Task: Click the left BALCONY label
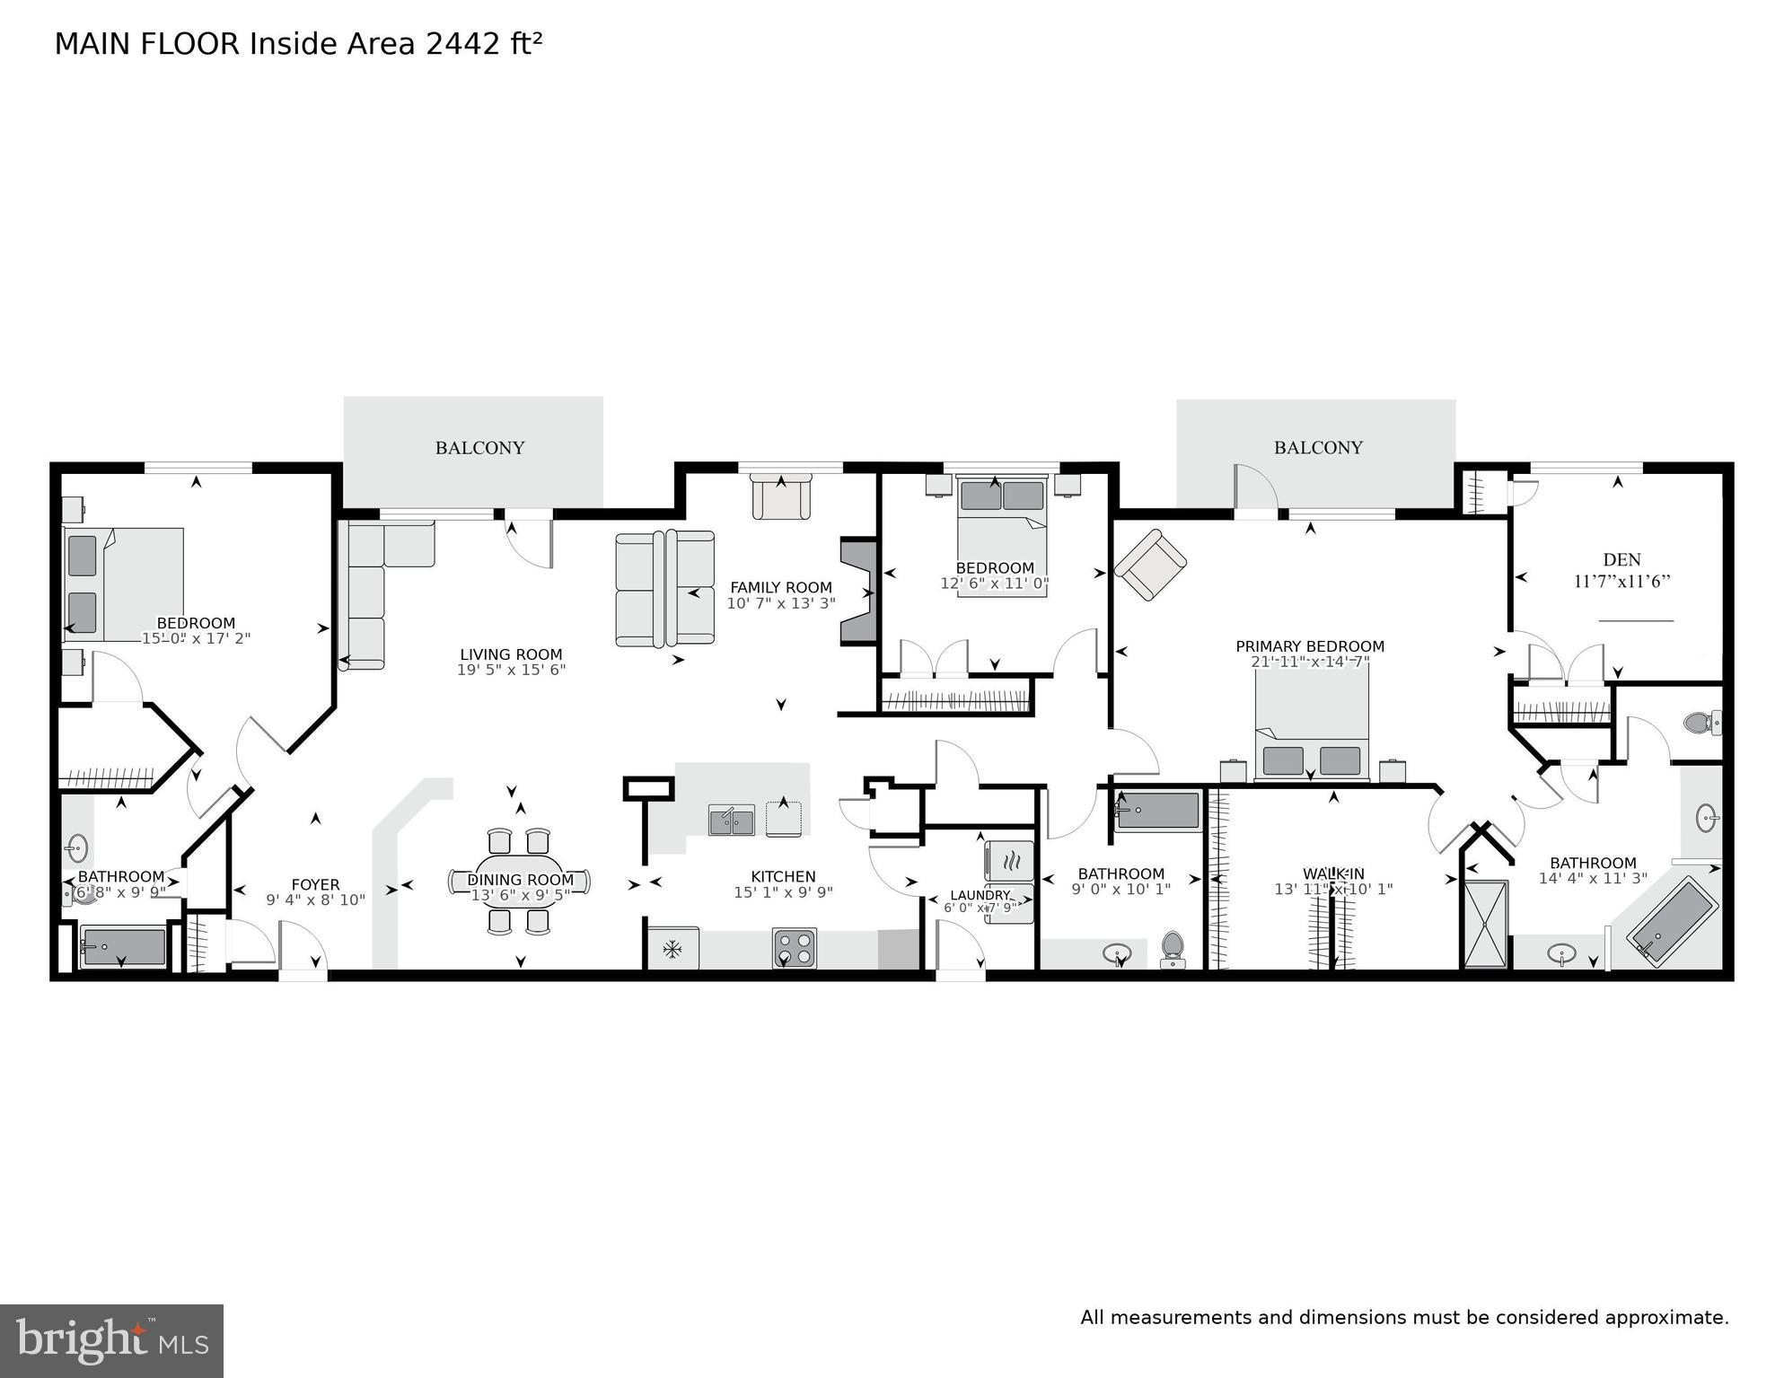click(479, 448)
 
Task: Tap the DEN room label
click(1621, 560)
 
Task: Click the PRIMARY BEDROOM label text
click(1309, 646)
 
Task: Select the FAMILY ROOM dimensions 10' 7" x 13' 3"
click(780, 604)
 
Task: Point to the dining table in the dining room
click(520, 882)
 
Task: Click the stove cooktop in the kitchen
click(795, 948)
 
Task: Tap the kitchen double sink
click(731, 820)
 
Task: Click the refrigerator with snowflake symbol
click(672, 949)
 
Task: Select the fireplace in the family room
click(857, 592)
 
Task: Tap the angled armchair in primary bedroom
click(1150, 564)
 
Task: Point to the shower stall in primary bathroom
click(1486, 925)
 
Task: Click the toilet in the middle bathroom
click(1173, 948)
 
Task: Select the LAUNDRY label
click(980, 895)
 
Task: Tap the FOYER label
click(315, 885)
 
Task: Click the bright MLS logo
click(111, 1341)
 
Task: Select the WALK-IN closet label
click(1333, 873)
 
